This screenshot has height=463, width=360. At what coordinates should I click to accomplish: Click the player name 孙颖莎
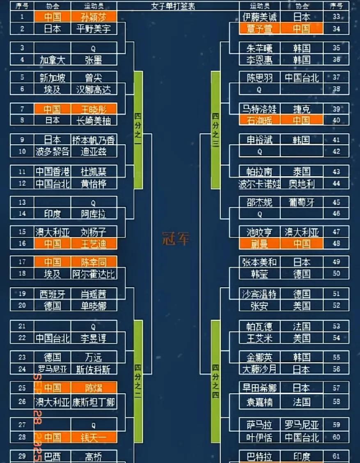pyautogui.click(x=94, y=17)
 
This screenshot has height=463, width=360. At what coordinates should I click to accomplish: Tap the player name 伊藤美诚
pyautogui.click(x=259, y=17)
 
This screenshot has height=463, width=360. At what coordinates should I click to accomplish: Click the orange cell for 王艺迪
pyautogui.click(x=94, y=244)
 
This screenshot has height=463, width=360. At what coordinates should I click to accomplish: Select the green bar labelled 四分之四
pyautogui.click(x=216, y=380)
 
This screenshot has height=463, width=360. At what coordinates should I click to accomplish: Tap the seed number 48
pyautogui.click(x=336, y=244)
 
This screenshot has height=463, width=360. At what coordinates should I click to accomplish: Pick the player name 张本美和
pyautogui.click(x=259, y=262)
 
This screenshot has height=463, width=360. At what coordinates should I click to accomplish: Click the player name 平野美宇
pyautogui.click(x=94, y=29)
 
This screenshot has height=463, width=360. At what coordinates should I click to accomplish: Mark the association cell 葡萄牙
pyautogui.click(x=302, y=202)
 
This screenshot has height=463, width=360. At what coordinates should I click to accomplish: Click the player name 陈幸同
pyautogui.click(x=94, y=262)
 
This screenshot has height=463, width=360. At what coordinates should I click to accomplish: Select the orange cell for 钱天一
pyautogui.click(x=94, y=437)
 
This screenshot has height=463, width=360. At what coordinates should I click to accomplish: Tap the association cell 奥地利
pyautogui.click(x=302, y=184)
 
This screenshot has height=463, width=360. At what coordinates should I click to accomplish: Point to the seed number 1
pyautogui.click(x=22, y=17)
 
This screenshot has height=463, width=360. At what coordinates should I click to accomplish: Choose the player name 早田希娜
pyautogui.click(x=259, y=388)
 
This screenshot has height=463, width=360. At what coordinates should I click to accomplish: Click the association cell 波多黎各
pyautogui.click(x=53, y=152)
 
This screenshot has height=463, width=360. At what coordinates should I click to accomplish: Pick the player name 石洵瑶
pyautogui.click(x=259, y=120)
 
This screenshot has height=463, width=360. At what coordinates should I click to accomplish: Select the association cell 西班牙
pyautogui.click(x=53, y=294)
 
